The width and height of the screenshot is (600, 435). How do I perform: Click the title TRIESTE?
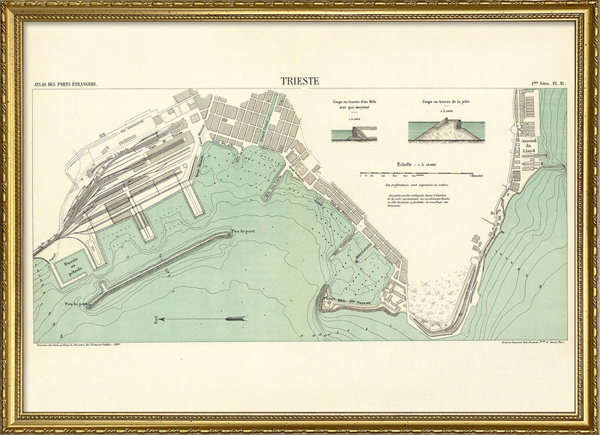click(300, 80)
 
